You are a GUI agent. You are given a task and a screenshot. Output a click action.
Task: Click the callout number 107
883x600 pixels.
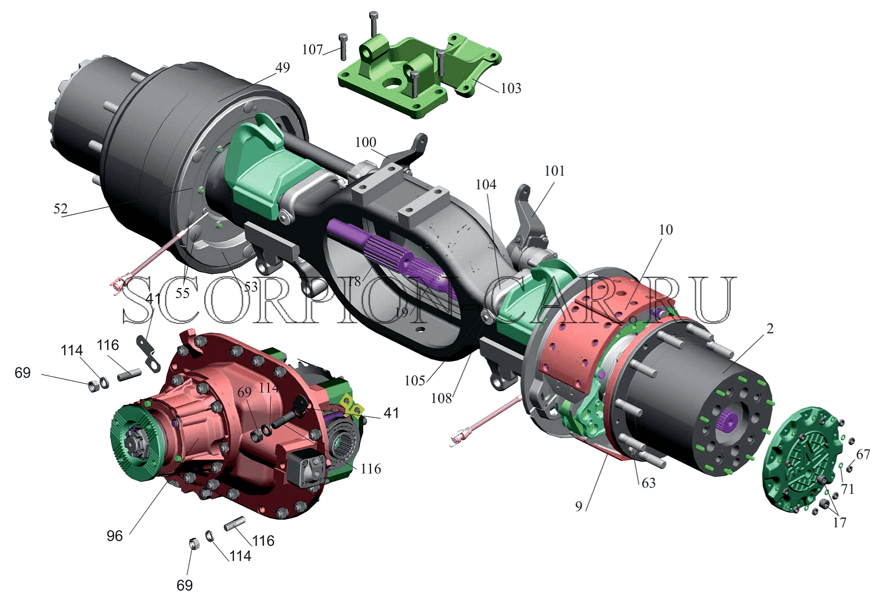[x=312, y=50]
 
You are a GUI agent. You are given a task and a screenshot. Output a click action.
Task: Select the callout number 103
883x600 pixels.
[x=511, y=88]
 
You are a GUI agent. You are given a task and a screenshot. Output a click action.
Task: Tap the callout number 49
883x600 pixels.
[x=282, y=67]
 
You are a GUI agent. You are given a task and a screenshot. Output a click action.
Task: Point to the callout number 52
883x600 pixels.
[x=61, y=208]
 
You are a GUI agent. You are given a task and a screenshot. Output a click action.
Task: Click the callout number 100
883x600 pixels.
[x=365, y=142]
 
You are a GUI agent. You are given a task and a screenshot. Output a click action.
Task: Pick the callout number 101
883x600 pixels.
[x=554, y=171]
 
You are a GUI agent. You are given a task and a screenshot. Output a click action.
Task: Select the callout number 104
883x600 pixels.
[x=485, y=184]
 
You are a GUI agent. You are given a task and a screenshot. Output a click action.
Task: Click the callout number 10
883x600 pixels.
[x=666, y=229]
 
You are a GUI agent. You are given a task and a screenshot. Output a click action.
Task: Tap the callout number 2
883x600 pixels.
[x=770, y=328]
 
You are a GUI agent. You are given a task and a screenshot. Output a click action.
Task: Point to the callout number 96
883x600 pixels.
[x=114, y=536]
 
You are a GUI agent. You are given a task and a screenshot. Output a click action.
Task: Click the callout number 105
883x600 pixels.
[x=415, y=380]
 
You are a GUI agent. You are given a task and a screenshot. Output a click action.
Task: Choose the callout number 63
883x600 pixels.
[x=648, y=483]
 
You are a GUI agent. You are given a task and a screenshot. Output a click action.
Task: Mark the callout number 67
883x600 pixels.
[x=863, y=454]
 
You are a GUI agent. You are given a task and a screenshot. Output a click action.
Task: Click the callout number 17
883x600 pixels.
[x=839, y=522]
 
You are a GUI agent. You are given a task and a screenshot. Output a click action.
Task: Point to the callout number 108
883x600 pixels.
[x=441, y=398]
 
